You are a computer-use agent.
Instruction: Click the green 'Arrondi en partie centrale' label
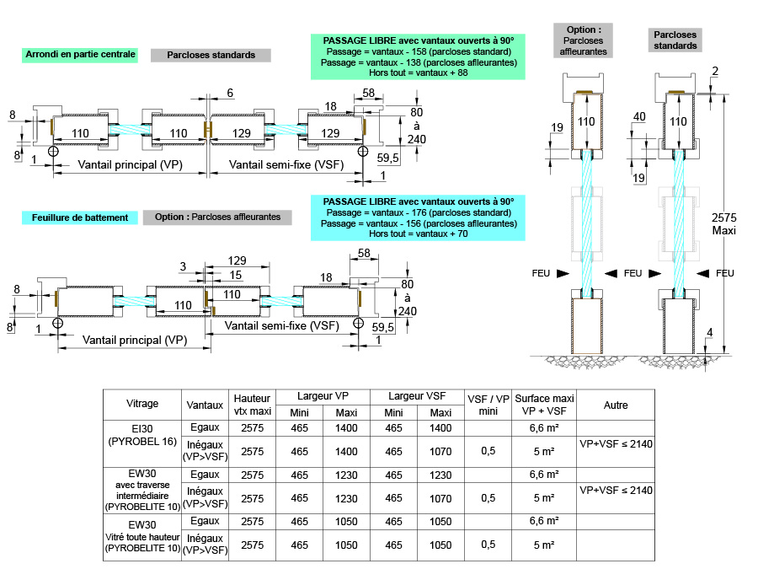(81, 55)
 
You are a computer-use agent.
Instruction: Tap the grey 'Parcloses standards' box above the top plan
(211, 56)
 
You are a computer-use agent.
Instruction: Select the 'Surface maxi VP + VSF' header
(545, 404)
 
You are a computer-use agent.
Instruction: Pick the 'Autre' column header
(616, 405)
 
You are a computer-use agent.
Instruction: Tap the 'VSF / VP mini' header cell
(488, 404)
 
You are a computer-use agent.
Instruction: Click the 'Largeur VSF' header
(418, 396)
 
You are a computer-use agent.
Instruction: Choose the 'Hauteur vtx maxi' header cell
(253, 404)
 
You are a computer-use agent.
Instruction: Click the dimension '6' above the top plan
(230, 93)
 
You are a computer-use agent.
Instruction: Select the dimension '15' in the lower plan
(237, 275)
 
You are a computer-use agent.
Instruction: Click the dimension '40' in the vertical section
(638, 116)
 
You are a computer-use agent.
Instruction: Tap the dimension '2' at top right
(714, 71)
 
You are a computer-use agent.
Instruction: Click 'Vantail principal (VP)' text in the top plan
(130, 165)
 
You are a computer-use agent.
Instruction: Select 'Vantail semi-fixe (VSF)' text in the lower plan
(282, 325)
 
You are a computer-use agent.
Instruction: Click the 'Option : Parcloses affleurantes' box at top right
(584, 40)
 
